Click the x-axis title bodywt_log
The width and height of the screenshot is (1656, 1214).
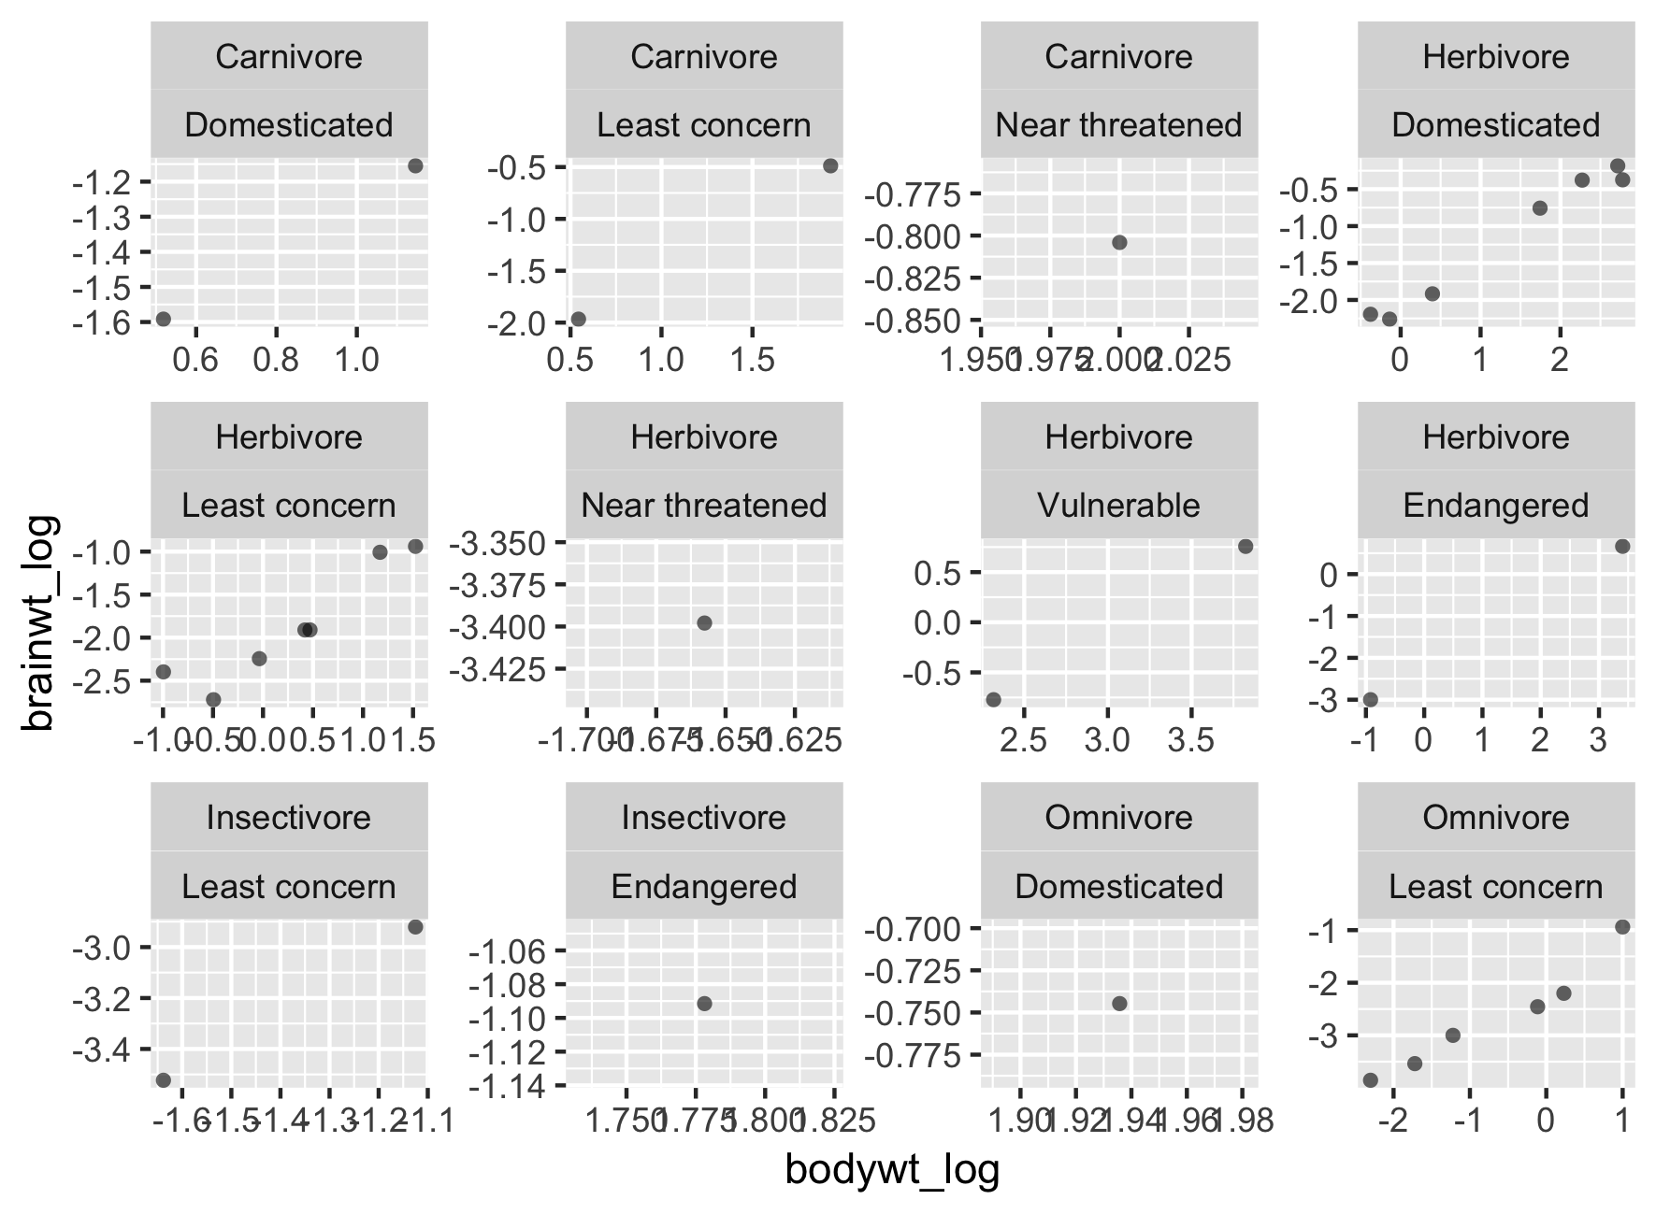click(892, 1170)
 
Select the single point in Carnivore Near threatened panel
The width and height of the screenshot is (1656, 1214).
click(1119, 243)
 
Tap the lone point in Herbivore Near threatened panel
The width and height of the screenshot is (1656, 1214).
click(704, 623)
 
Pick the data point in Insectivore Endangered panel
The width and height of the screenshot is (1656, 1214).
click(704, 1004)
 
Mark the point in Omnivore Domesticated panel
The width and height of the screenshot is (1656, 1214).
click(1119, 1004)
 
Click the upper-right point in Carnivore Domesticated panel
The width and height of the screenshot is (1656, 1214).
click(415, 166)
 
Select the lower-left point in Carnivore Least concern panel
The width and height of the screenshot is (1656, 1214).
click(578, 320)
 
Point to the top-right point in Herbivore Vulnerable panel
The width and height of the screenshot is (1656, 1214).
click(1245, 547)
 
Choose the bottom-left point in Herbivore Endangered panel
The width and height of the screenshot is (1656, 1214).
click(1371, 700)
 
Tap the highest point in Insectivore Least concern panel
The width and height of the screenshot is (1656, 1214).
click(415, 927)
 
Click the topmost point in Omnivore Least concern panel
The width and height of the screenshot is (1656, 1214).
click(1622, 927)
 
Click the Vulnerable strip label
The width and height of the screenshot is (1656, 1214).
click(1118, 506)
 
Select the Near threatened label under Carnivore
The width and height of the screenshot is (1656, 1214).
click(1118, 125)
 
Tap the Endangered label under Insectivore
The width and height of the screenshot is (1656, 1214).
click(703, 886)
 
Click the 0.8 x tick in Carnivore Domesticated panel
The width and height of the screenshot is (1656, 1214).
click(276, 361)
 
